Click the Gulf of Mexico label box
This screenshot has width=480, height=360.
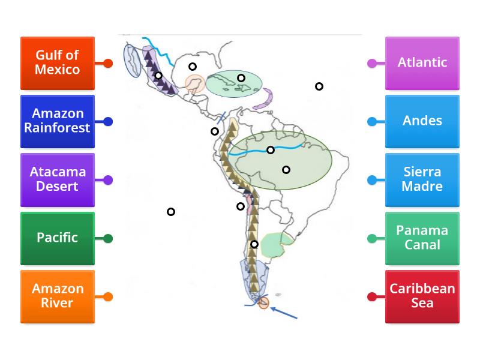click(x=58, y=63)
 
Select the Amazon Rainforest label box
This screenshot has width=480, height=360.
click(x=58, y=121)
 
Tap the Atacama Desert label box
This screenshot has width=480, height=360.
click(x=58, y=179)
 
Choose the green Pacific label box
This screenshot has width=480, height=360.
click(x=58, y=238)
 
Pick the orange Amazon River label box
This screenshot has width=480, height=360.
click(x=58, y=296)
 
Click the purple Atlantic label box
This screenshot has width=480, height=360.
click(x=422, y=63)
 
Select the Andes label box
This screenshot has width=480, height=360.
click(x=422, y=121)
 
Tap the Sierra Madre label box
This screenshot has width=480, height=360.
click(x=422, y=179)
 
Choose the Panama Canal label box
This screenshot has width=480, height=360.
click(x=422, y=238)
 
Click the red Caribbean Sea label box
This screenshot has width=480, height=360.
click(x=422, y=296)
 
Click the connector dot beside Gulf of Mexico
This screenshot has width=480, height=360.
click(x=108, y=63)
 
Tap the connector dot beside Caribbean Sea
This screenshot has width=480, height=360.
click(x=372, y=296)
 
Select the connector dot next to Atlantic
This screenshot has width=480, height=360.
click(x=372, y=63)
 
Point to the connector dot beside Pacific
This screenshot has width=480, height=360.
click(x=108, y=238)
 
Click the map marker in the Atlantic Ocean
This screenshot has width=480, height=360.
click(x=319, y=86)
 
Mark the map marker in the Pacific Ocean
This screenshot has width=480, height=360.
click(x=171, y=212)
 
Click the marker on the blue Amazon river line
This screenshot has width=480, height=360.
click(x=271, y=150)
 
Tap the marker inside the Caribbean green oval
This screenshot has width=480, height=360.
click(x=241, y=78)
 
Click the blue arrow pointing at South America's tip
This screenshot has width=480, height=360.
click(x=284, y=313)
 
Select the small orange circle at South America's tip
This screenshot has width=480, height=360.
click(x=263, y=304)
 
